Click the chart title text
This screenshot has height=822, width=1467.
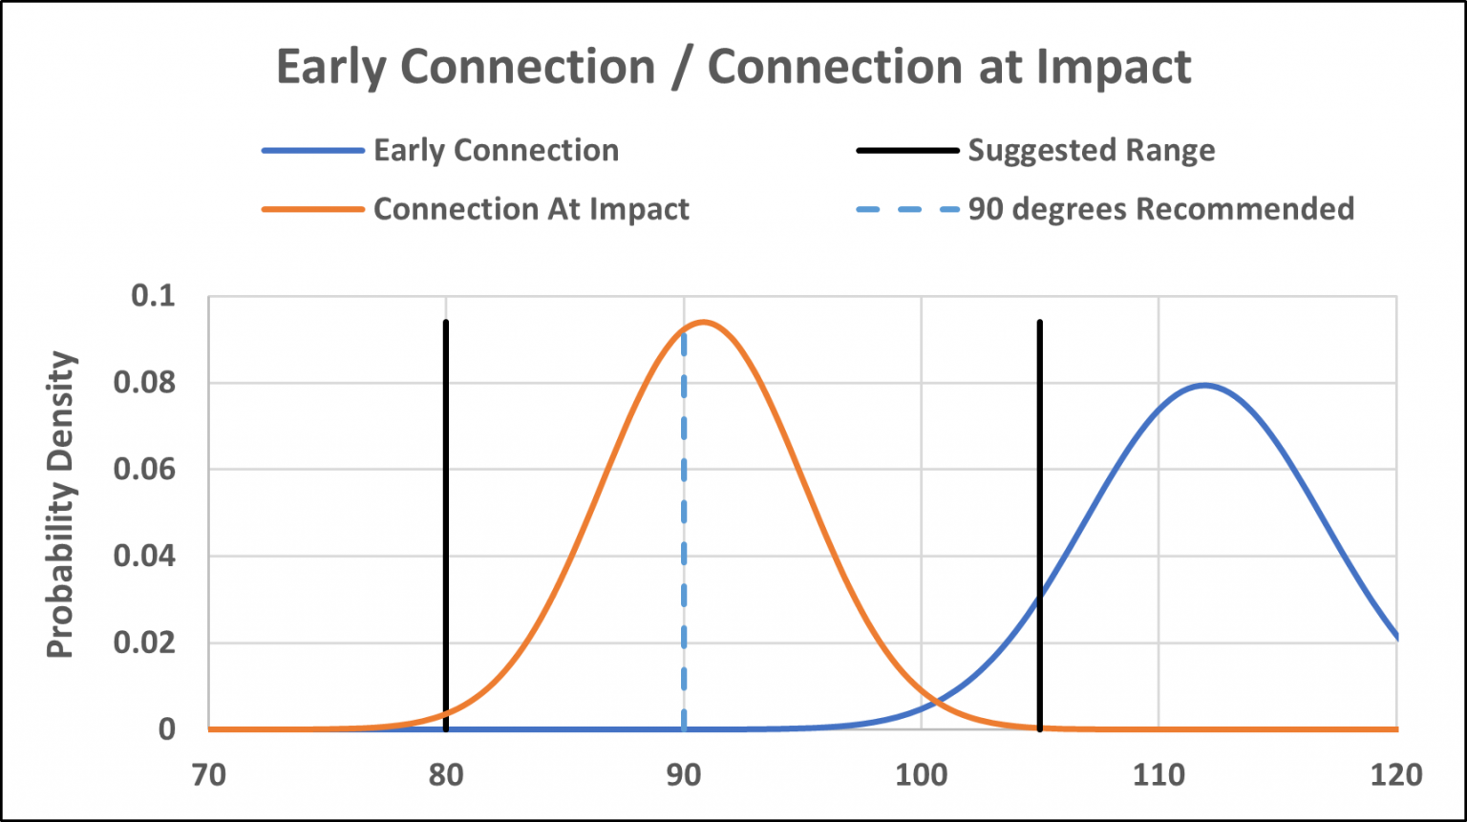pos(733,67)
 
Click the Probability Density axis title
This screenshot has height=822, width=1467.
pos(61,505)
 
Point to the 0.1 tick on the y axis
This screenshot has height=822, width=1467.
pos(154,296)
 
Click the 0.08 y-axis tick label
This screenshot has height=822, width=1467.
pos(144,383)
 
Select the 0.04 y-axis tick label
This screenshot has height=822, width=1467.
pos(144,556)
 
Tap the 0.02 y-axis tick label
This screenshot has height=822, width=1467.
pos(144,643)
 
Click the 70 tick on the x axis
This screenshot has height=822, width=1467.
pos(209,774)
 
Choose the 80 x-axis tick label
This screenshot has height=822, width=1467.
pos(446,774)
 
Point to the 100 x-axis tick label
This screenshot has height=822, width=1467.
pos(922,774)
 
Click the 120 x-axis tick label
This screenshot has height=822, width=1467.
pos(1396,774)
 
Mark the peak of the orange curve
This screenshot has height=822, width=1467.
pos(704,322)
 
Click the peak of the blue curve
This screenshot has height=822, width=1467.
pos(1204,385)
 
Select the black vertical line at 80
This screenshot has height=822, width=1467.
pos(446,525)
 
